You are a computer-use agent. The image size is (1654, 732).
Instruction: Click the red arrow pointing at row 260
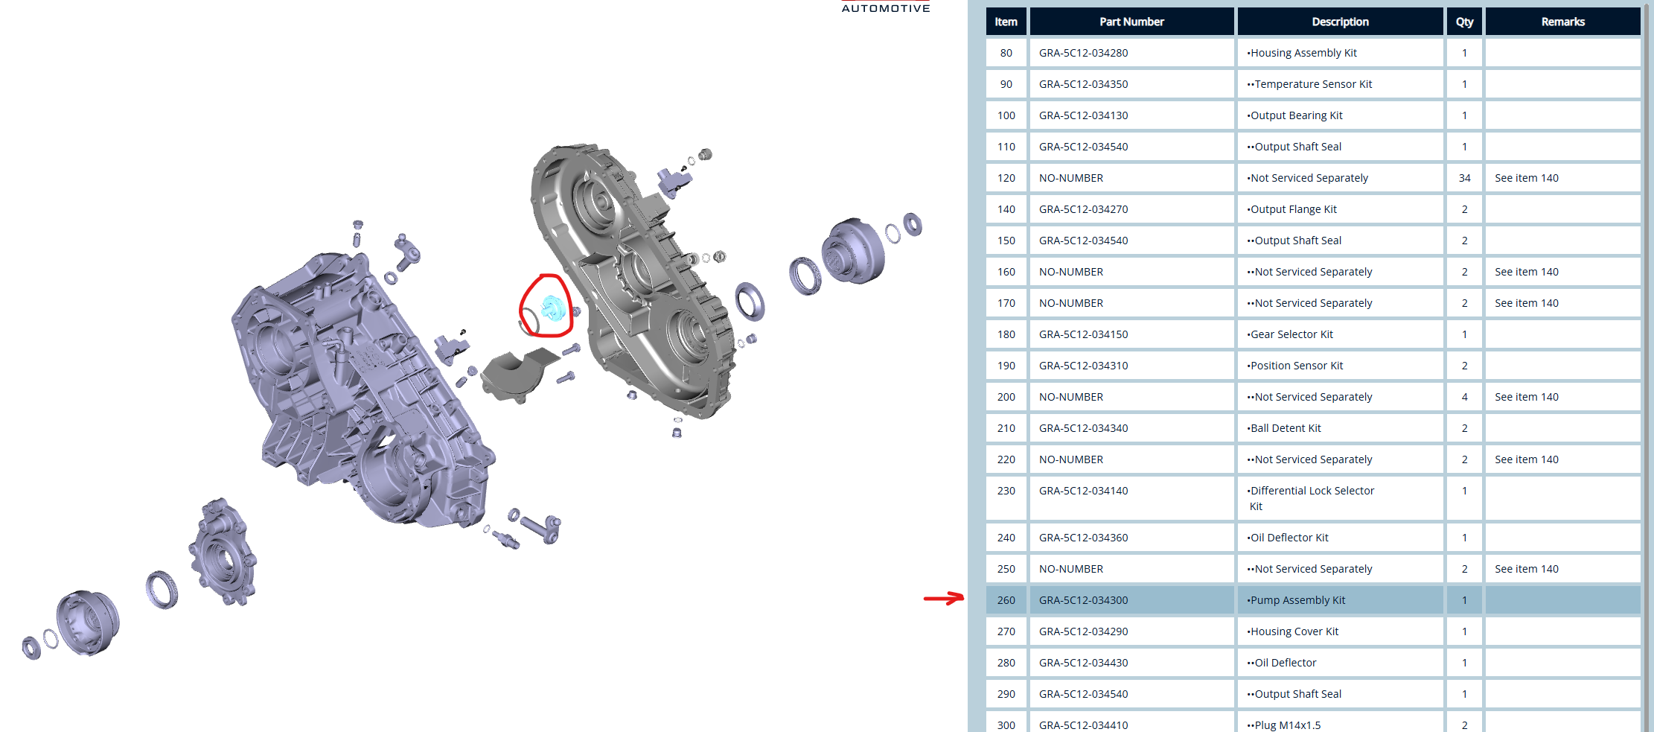pyautogui.click(x=943, y=598)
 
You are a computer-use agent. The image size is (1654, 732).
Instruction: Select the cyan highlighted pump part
pyautogui.click(x=552, y=308)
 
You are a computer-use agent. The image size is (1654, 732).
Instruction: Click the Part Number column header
pyautogui.click(x=1131, y=22)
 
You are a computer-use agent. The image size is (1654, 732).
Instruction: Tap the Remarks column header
pyautogui.click(x=1562, y=22)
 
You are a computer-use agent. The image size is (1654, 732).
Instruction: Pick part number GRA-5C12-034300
pyautogui.click(x=1083, y=600)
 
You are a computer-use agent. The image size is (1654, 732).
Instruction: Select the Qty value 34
pyautogui.click(x=1464, y=178)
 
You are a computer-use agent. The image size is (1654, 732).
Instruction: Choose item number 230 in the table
pyautogui.click(x=1006, y=491)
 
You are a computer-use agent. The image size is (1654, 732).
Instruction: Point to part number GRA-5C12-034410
pyautogui.click(x=1083, y=725)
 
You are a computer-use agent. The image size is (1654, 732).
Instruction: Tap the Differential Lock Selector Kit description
pyautogui.click(x=1311, y=498)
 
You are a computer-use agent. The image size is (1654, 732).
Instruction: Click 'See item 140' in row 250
pyautogui.click(x=1526, y=569)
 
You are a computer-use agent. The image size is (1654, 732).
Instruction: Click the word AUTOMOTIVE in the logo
pyautogui.click(x=886, y=8)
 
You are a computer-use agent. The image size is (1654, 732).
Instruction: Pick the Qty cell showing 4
pyautogui.click(x=1464, y=397)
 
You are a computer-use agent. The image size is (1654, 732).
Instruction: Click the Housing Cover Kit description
pyautogui.click(x=1292, y=631)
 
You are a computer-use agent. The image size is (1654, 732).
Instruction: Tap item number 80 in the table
pyautogui.click(x=1006, y=53)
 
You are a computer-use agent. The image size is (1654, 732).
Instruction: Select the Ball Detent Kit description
pyautogui.click(x=1284, y=428)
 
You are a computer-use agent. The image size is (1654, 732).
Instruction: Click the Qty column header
pyautogui.click(x=1464, y=22)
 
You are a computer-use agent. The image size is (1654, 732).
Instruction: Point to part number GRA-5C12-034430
pyautogui.click(x=1083, y=663)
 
